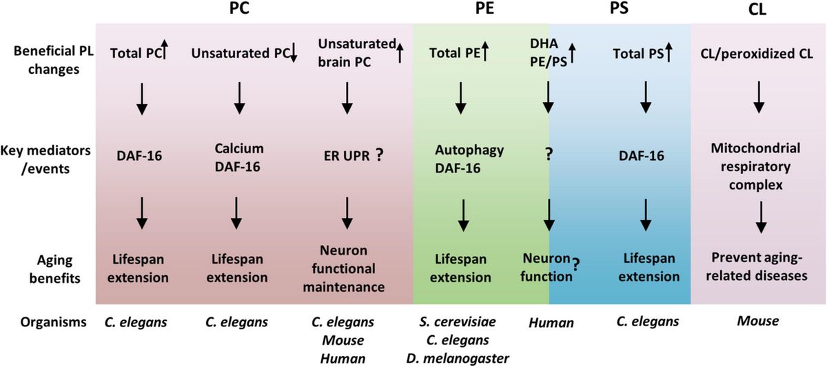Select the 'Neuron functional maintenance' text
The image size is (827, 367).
347,269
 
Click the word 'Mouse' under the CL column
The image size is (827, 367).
757,321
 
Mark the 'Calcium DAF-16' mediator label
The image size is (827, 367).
239,157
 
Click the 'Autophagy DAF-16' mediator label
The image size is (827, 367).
460,157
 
